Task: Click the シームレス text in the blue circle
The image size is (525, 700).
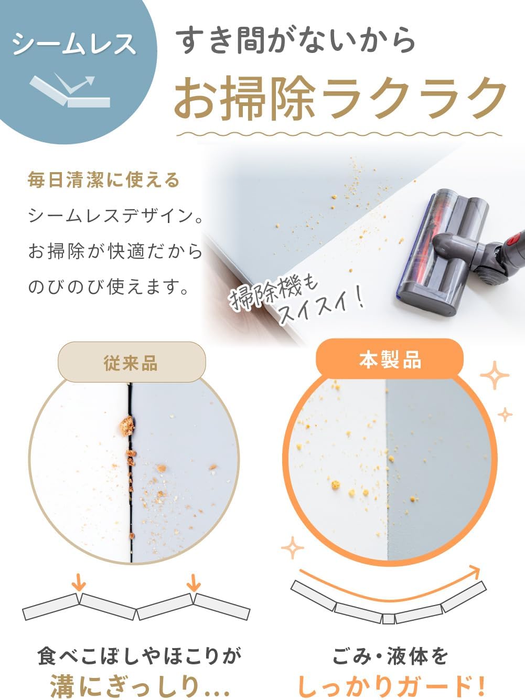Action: tap(74, 45)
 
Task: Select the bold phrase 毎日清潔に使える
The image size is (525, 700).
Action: tap(104, 181)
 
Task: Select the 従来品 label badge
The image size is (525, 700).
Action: tap(131, 363)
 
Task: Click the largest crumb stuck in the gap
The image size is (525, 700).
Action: tap(126, 426)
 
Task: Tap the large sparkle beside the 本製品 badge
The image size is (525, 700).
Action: tap(495, 376)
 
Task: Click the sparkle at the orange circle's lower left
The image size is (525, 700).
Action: tap(293, 549)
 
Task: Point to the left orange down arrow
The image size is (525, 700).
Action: tap(79, 582)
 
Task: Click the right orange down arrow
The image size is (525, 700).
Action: tap(194, 582)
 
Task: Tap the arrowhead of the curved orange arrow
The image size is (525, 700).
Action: tap(474, 572)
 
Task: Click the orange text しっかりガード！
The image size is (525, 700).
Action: tap(391, 686)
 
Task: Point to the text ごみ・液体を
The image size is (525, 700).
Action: tap(390, 656)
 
